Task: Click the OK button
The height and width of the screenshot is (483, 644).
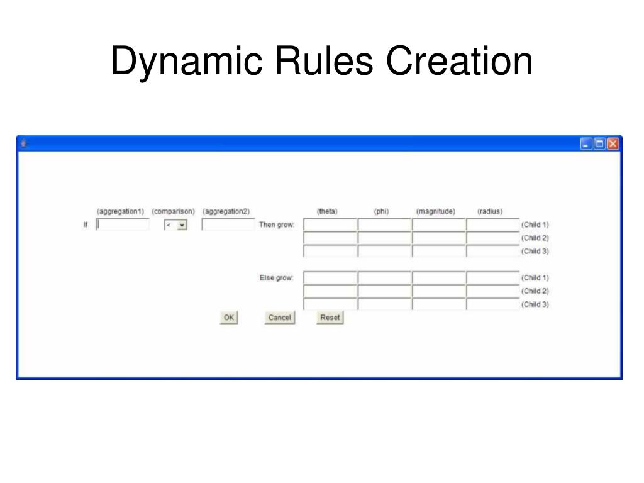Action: [229, 318]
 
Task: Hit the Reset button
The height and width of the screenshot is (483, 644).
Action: [330, 318]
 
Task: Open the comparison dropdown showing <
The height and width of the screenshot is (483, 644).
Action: [176, 225]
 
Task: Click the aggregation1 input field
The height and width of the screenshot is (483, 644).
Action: [123, 225]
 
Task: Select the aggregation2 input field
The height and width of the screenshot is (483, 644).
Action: [228, 225]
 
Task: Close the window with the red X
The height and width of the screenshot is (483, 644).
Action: [613, 144]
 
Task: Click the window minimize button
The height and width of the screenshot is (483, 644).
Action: [586, 144]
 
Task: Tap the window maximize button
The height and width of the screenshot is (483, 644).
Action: [599, 144]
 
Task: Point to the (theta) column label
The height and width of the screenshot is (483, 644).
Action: [327, 211]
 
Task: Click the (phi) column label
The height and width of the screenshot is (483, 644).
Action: [381, 211]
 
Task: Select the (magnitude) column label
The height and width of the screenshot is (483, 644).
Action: [436, 211]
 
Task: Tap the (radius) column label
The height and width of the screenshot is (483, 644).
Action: [490, 211]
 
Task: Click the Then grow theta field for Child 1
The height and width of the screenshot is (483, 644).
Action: [330, 225]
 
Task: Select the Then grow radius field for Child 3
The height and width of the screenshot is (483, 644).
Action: [493, 251]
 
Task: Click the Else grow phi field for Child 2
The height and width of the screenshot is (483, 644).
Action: [384, 291]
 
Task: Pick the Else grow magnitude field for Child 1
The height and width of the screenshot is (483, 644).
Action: [439, 277]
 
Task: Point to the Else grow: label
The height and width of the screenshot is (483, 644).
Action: [277, 277]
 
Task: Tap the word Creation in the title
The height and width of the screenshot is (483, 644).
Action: [459, 62]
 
